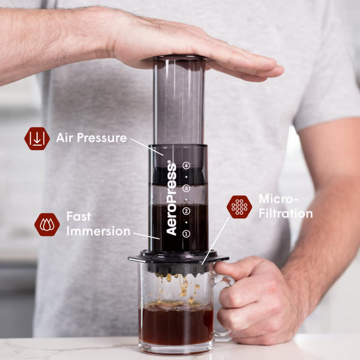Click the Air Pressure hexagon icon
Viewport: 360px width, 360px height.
(x=37, y=139)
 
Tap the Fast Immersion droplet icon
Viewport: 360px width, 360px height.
(x=47, y=224)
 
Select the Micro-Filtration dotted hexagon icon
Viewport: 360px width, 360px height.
(x=239, y=206)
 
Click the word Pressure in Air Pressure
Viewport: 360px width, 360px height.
(x=101, y=138)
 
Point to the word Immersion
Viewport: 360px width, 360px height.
(x=98, y=231)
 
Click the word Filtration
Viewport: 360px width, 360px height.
(x=286, y=214)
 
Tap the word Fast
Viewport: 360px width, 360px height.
(x=79, y=216)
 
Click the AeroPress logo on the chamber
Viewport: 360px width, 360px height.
(x=172, y=197)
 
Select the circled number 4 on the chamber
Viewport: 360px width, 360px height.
(x=187, y=165)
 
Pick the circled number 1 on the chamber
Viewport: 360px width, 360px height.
(x=187, y=233)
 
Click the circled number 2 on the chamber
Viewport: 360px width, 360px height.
(x=187, y=211)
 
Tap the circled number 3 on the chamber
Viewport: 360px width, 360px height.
(x=187, y=188)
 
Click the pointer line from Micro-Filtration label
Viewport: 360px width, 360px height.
(x=216, y=240)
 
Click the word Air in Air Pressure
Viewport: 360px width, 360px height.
(x=65, y=138)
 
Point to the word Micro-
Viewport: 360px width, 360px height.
(x=278, y=199)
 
